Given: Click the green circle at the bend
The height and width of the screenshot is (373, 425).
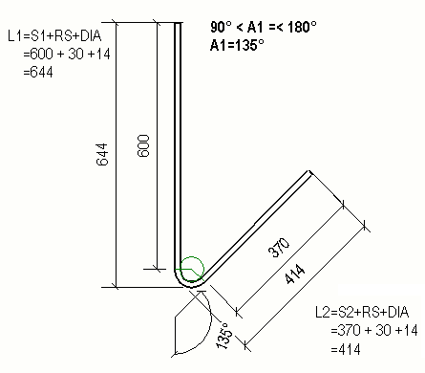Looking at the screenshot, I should (x=192, y=270).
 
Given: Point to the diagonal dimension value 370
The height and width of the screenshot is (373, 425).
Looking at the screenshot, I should (x=278, y=250).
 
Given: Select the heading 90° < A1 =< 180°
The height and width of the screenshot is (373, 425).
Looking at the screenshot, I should (x=270, y=28).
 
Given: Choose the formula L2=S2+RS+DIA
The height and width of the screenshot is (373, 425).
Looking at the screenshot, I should (x=367, y=312).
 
